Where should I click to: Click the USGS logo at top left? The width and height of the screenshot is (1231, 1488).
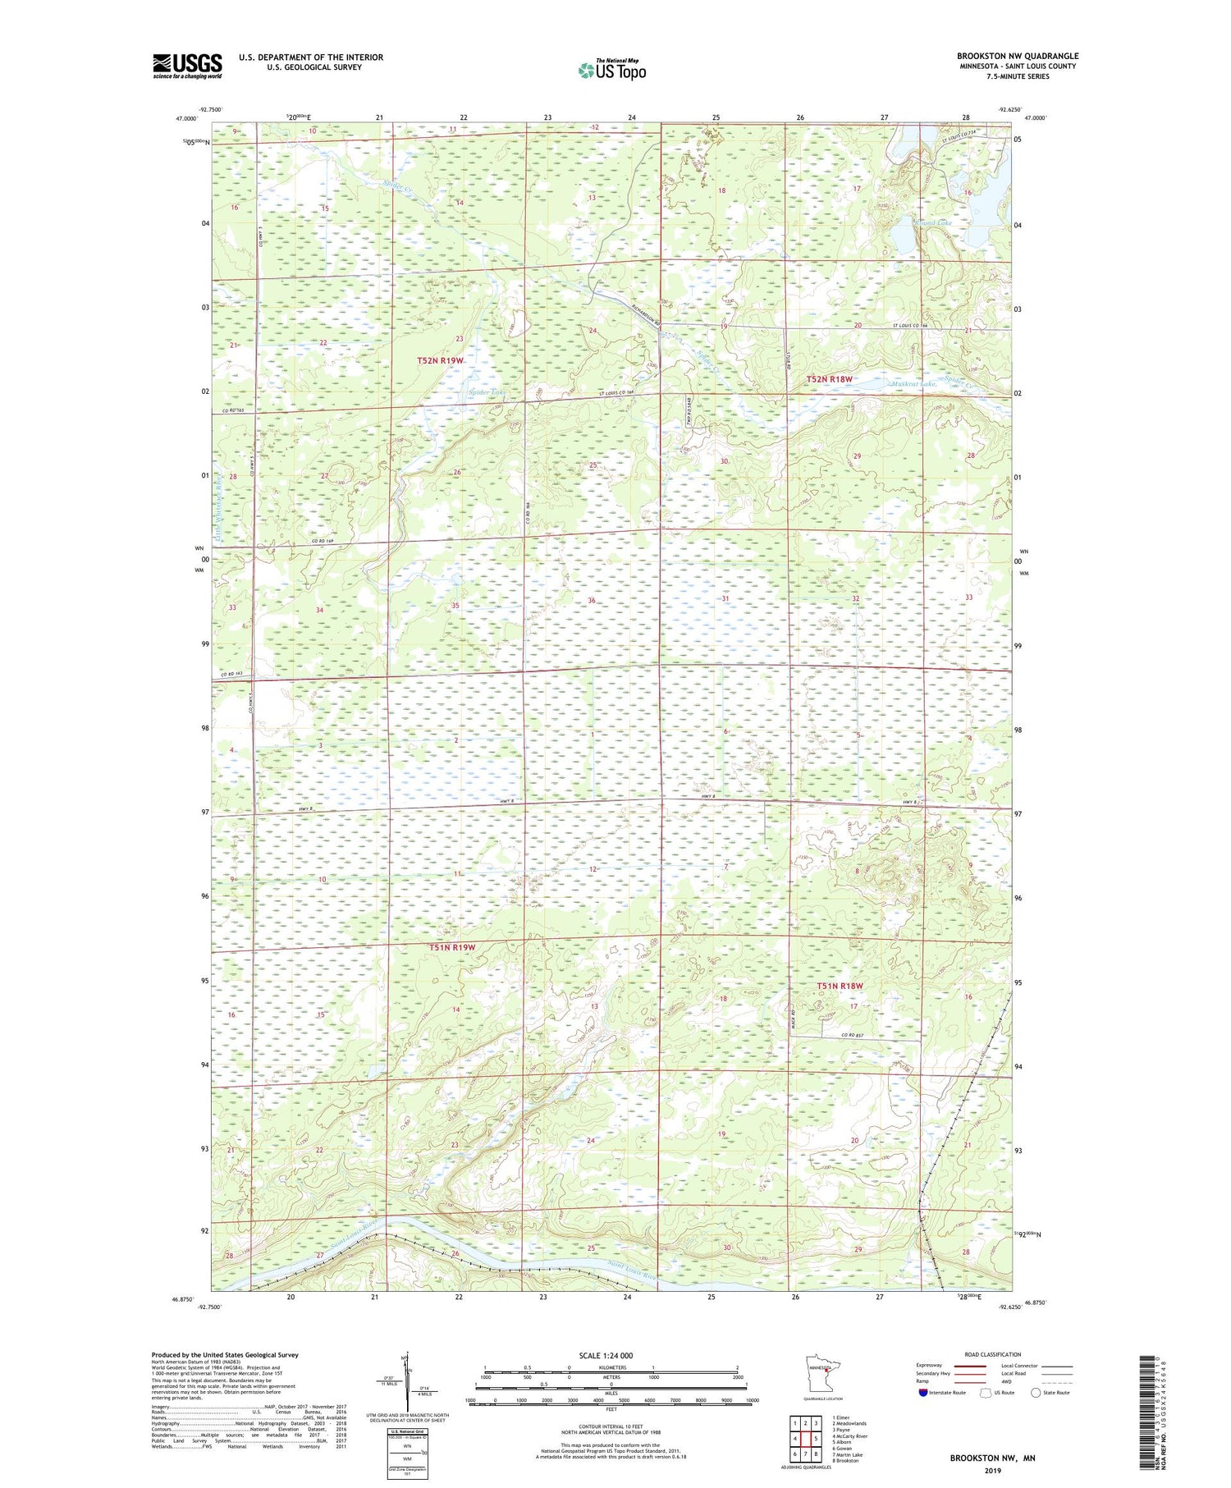[x=187, y=66]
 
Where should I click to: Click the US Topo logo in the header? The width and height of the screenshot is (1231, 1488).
[x=611, y=71]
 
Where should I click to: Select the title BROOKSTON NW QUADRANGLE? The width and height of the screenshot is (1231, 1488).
[x=1017, y=57]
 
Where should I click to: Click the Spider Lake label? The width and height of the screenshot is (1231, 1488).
[x=487, y=392]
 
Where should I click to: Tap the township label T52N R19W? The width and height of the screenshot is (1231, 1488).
[x=441, y=360]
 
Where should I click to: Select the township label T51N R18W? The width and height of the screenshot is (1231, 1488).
[x=840, y=986]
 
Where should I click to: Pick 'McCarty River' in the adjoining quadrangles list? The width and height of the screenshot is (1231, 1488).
[x=851, y=1436]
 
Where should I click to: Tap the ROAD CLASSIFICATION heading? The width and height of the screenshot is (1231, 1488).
[x=992, y=1354]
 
